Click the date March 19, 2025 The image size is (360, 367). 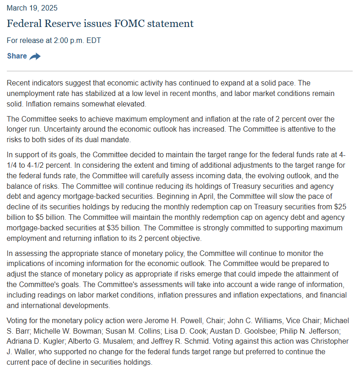[x=32, y=8]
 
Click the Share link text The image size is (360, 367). [x=17, y=56]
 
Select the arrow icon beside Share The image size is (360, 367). [x=35, y=56]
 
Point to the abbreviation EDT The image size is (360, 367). [x=93, y=40]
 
